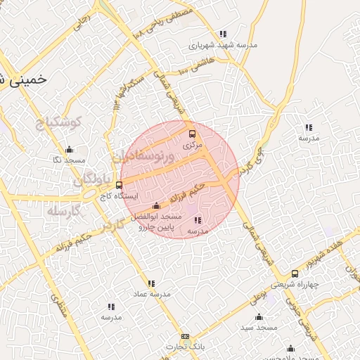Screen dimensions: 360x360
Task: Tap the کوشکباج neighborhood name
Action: tap(59, 123)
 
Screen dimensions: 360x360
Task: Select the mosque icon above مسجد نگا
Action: tap(69, 149)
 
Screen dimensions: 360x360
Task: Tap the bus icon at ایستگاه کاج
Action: tap(118, 186)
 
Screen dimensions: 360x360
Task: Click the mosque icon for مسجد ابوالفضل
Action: tap(156, 206)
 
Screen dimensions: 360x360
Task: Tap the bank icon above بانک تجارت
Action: tap(185, 337)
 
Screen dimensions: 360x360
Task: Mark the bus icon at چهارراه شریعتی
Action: tap(295, 274)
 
